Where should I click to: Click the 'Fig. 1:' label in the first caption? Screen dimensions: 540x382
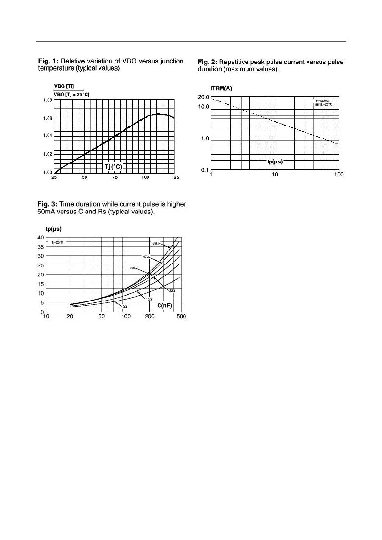[x=48, y=61]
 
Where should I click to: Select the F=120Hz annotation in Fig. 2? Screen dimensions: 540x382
[x=321, y=100]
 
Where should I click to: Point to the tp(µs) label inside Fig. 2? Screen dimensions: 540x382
[x=275, y=162]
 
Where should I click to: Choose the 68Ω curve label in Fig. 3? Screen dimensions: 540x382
[x=155, y=243]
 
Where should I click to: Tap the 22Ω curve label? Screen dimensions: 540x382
[x=171, y=290]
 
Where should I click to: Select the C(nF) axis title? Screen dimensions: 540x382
[x=164, y=305]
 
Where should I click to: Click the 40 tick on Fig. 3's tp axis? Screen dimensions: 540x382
[x=41, y=238]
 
